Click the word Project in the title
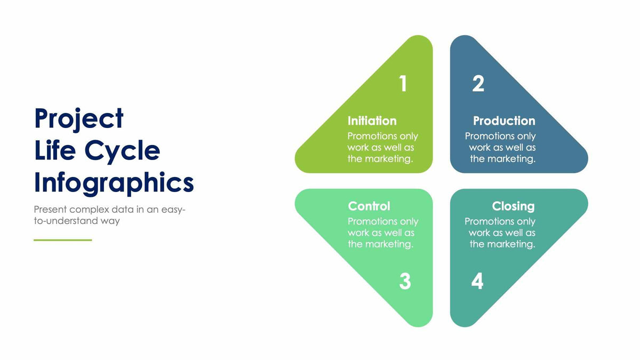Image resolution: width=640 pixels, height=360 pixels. (79, 119)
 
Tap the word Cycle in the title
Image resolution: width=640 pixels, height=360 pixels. (122, 151)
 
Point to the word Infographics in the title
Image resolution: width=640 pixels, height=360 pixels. (114, 183)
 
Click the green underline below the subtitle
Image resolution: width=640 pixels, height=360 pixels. (63, 240)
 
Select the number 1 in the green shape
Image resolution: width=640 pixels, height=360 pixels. (403, 84)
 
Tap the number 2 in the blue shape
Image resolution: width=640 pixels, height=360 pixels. (478, 84)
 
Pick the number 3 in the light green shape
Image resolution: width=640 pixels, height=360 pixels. (405, 282)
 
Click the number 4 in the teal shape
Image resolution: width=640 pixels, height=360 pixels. (477, 282)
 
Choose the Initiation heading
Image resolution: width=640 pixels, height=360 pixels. (372, 121)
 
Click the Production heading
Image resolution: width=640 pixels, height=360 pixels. (504, 121)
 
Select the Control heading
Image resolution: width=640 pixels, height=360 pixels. (369, 206)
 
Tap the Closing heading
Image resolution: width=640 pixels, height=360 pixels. (513, 206)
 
